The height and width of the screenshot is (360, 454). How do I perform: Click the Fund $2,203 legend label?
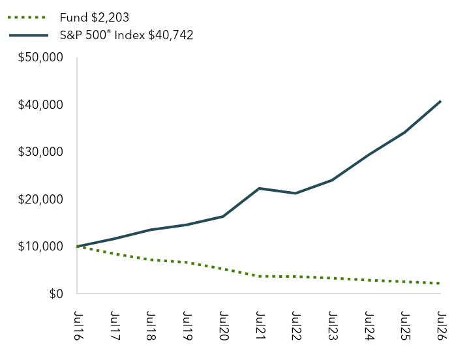94,18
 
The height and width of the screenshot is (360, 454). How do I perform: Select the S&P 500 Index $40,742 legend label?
127,35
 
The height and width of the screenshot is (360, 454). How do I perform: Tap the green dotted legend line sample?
27,18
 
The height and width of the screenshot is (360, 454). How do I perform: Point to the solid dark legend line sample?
29,35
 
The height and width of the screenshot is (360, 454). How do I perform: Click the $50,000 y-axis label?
40,57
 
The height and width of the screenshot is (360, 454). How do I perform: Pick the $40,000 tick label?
40,105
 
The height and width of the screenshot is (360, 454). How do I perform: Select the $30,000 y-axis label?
40,152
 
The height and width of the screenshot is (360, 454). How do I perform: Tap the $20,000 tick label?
40,199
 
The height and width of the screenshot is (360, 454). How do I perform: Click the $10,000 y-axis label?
40,247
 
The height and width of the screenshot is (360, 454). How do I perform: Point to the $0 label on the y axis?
56,293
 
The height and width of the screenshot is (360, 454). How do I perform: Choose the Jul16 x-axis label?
78,325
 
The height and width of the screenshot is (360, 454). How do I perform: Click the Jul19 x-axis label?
187,325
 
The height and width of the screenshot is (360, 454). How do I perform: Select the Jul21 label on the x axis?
260,325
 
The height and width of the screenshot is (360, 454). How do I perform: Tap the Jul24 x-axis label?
369,325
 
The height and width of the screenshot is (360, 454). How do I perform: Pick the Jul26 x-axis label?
442,325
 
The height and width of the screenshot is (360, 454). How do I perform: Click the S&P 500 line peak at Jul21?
259,188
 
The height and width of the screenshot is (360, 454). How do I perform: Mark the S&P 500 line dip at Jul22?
295,193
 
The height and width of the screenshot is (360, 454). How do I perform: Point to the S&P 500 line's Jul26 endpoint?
440,101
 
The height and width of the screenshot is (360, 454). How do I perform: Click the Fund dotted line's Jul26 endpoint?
440,283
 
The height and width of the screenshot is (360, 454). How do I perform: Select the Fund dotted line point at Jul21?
259,277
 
